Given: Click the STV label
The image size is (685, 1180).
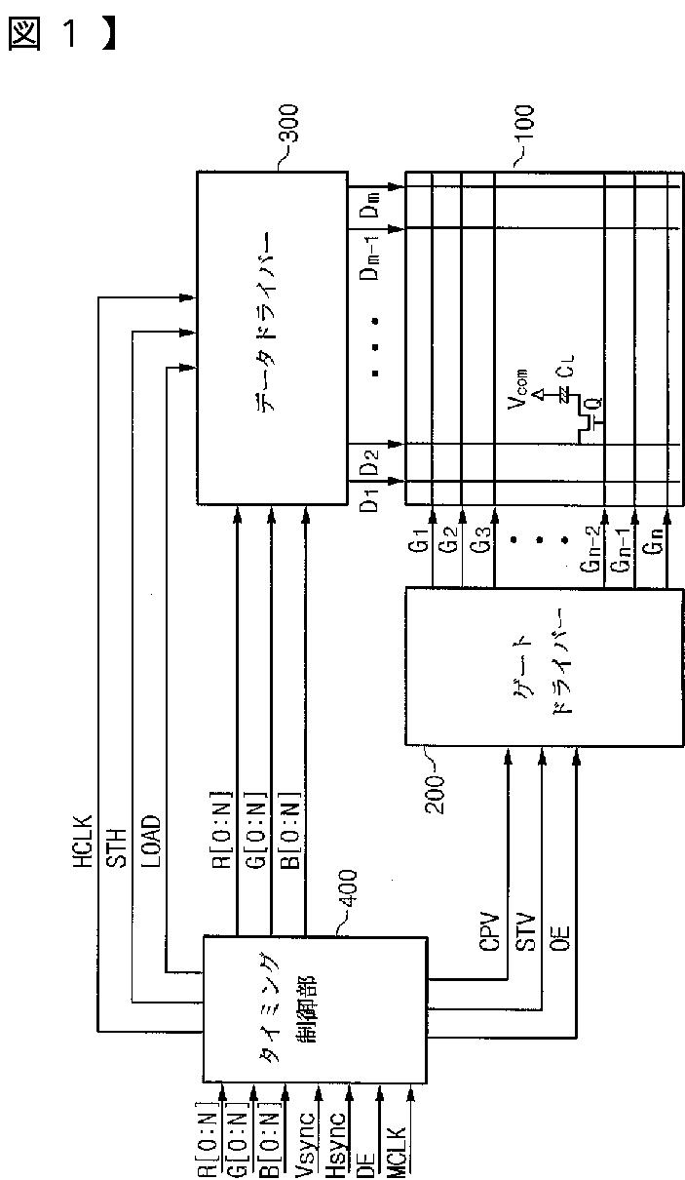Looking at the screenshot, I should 525,932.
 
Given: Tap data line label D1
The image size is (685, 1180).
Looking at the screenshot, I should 369,508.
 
